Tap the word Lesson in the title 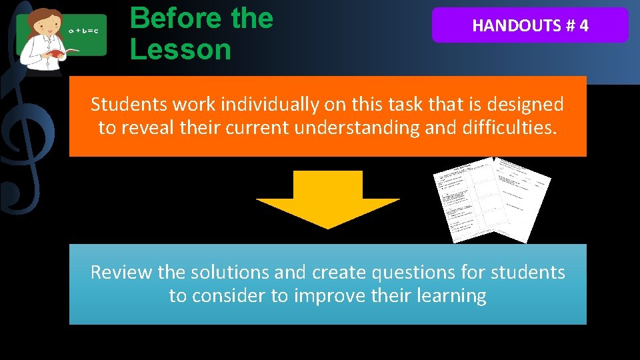pos(180,49)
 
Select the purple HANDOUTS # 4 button pos(530,25)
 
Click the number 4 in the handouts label pos(583,26)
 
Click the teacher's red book pos(55,52)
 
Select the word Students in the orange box pos(127,105)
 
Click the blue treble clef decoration pos(27,133)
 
